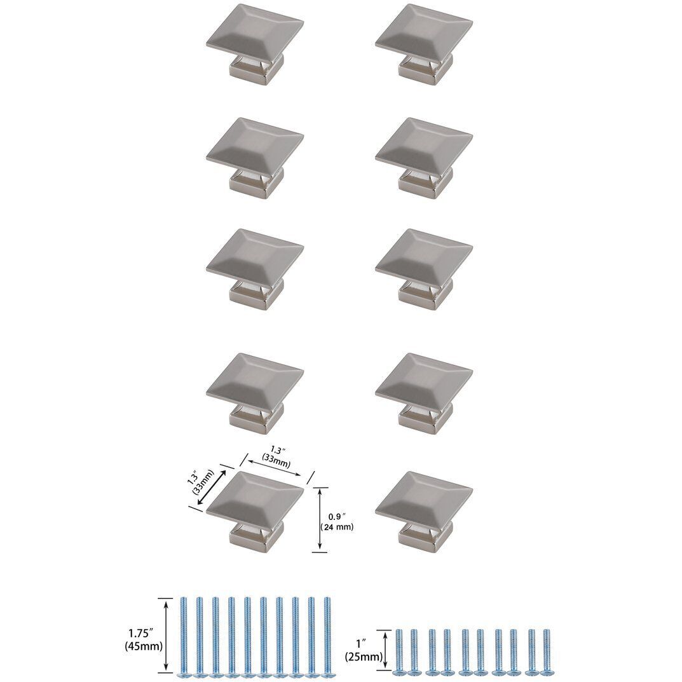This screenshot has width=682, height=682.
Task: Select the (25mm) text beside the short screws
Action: click(364, 656)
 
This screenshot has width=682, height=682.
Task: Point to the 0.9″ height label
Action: click(336, 516)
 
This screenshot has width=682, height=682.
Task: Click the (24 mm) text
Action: click(336, 527)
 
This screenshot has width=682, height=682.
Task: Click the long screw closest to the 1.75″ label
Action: click(184, 636)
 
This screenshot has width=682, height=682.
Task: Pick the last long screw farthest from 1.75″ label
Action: click(327, 636)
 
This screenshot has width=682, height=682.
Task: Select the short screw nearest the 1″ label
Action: click(399, 651)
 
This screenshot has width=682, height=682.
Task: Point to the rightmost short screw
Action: click(545, 651)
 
